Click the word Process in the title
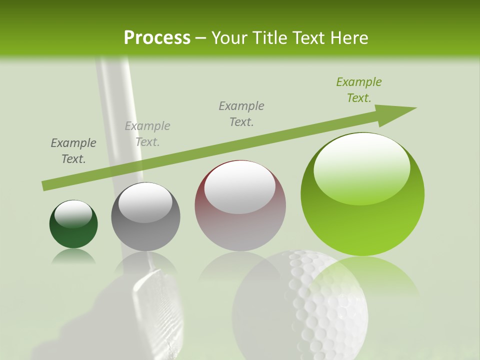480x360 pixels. point(157,37)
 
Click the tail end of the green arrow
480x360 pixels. point(44,186)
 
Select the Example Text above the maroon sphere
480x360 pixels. point(241,113)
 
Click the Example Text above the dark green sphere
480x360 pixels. point(73,150)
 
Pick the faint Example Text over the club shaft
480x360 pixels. point(147,133)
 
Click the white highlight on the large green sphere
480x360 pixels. point(362,167)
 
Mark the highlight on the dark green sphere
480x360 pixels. point(73,214)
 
